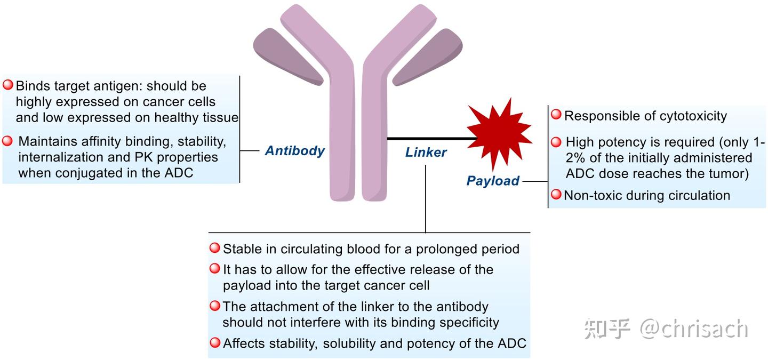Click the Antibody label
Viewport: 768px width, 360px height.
pyautogui.click(x=294, y=151)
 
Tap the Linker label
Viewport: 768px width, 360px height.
pyautogui.click(x=426, y=153)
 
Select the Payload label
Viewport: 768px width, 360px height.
pyautogui.click(x=493, y=181)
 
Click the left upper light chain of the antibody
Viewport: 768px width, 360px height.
pyautogui.click(x=288, y=56)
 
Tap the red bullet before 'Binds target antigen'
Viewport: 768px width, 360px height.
pyautogui.click(x=8, y=85)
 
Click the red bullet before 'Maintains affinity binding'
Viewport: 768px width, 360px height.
pyautogui.click(x=8, y=141)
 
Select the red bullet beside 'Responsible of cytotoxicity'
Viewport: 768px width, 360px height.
pyautogui.click(x=556, y=115)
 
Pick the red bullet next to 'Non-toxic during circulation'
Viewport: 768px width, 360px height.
pyautogui.click(x=556, y=195)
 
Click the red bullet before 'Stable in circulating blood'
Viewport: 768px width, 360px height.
pyautogui.click(x=214, y=248)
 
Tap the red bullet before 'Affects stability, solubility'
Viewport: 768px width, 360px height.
pyautogui.click(x=214, y=342)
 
